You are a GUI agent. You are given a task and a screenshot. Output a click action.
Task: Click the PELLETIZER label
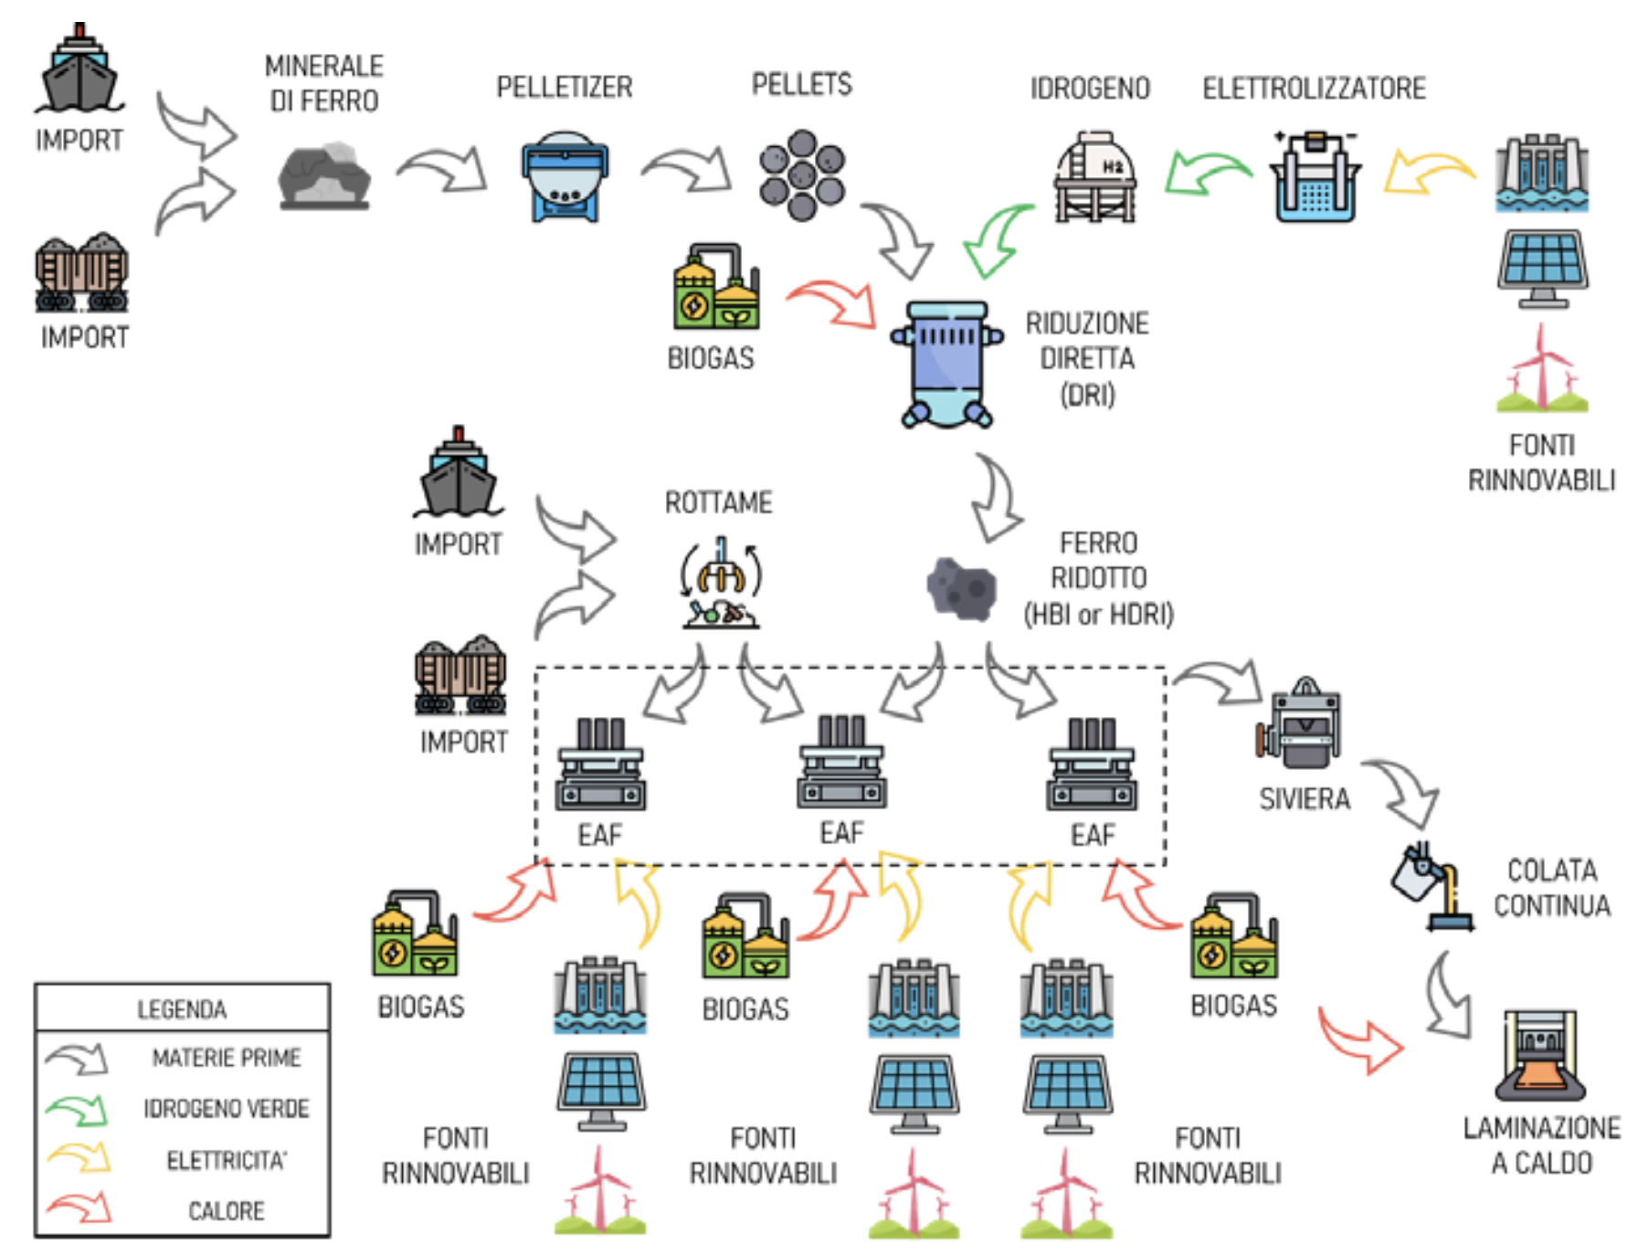[564, 87]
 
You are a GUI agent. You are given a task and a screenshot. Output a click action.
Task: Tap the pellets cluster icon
[802, 175]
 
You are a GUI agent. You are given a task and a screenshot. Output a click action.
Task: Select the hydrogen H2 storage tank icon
[1095, 176]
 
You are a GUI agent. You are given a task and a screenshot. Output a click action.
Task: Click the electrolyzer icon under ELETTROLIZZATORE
[1315, 177]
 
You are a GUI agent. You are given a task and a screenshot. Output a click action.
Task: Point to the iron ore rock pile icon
[324, 175]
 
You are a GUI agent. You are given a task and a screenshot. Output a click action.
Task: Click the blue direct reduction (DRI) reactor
[947, 364]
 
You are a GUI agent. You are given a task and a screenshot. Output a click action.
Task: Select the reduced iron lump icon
[961, 588]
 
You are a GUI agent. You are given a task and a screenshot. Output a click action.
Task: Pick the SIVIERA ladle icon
[1300, 723]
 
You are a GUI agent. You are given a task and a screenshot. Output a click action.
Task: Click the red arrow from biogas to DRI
[831, 302]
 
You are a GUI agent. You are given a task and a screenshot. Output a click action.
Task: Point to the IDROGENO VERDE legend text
[227, 1108]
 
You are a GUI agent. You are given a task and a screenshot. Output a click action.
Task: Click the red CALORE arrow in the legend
[79, 1209]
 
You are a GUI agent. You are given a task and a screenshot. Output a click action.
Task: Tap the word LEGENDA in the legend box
[182, 1009]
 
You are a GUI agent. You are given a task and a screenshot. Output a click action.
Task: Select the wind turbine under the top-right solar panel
[1542, 370]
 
